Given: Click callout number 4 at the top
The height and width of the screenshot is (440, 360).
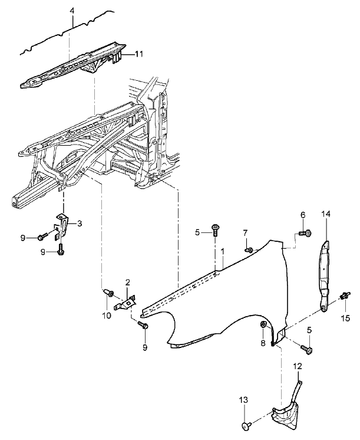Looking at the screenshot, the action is pos(72,11).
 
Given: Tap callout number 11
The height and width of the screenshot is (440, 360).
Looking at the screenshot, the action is pos(139,54).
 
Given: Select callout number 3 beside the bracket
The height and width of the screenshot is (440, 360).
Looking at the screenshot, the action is pos(80,224).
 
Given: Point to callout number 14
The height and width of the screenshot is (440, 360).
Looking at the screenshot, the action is pos(326,214).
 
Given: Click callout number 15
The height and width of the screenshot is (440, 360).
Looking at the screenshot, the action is pos(346,318).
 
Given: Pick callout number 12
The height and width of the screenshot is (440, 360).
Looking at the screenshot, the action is pos(298,366).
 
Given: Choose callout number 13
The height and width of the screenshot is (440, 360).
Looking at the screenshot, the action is pos(244,400).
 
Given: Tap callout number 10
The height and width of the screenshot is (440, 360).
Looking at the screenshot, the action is pos(107,316).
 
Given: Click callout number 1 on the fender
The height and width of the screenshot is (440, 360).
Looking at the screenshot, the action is pos(223,251).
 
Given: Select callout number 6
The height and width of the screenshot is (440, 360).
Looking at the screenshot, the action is pos(303,215).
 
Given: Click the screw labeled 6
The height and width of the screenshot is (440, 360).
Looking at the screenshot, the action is pos(305,233).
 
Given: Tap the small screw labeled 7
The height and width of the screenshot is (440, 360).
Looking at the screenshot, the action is pos(249,249).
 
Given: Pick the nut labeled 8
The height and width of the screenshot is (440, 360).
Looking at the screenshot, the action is pos(263,324).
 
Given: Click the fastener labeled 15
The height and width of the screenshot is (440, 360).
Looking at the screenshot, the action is pos(345,295).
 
